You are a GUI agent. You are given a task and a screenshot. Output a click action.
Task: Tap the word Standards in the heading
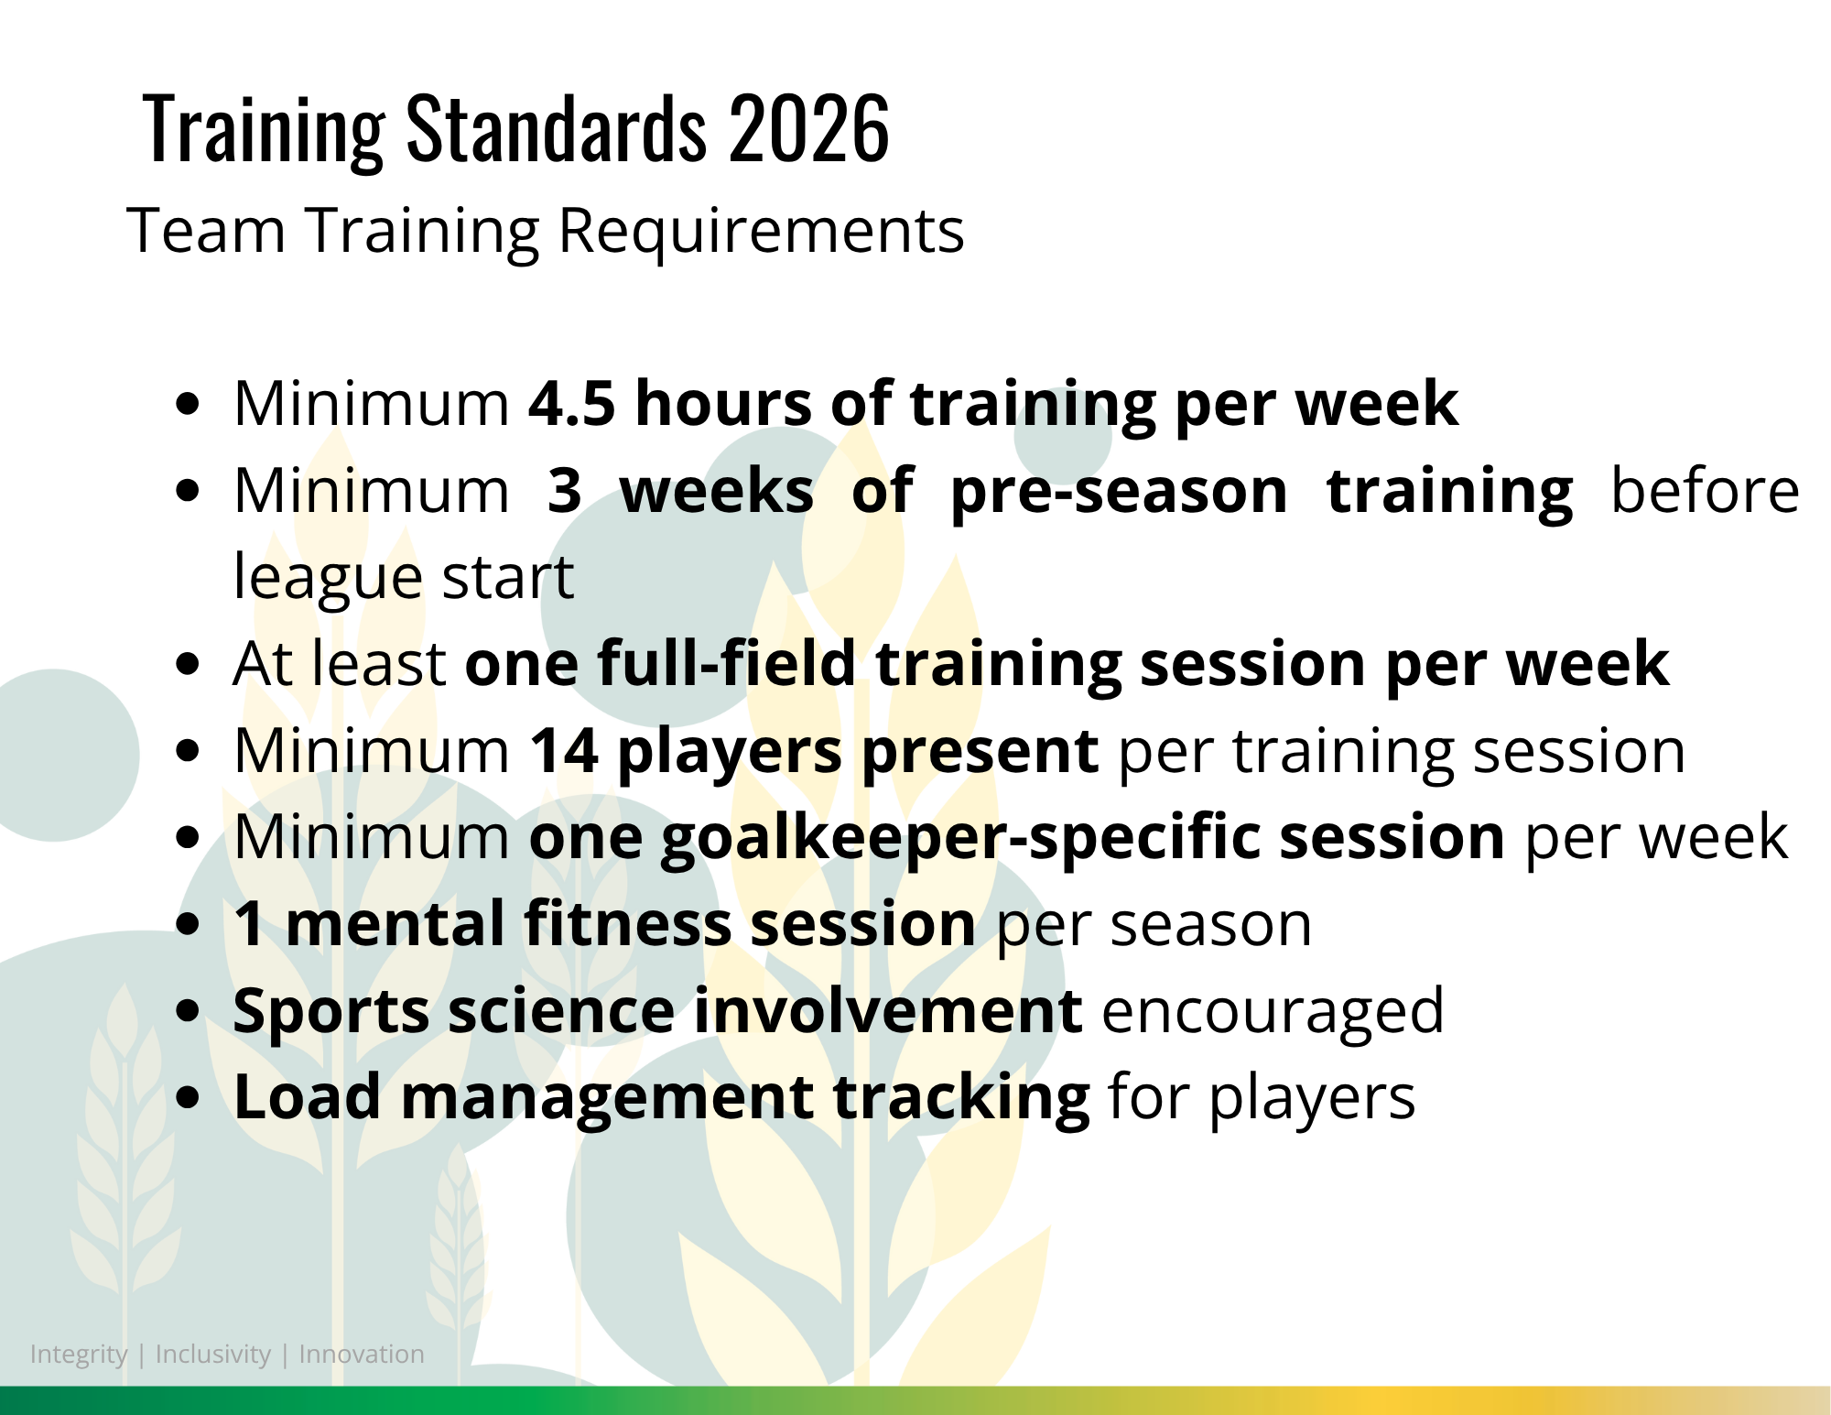click(557, 129)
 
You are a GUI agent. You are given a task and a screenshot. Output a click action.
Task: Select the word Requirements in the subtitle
click(761, 231)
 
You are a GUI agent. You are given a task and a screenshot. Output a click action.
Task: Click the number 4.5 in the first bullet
click(572, 404)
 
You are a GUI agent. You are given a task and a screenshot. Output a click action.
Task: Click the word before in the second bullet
click(1705, 491)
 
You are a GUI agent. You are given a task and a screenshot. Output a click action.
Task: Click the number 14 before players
click(564, 751)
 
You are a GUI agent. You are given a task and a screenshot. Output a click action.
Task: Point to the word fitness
click(627, 923)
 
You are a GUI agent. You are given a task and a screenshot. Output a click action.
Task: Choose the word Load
click(307, 1097)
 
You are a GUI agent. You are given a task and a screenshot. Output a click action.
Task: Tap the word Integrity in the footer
click(79, 1355)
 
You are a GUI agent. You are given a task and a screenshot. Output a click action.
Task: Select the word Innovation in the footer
click(362, 1354)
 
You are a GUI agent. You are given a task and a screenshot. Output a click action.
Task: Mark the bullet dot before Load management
click(188, 1097)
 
